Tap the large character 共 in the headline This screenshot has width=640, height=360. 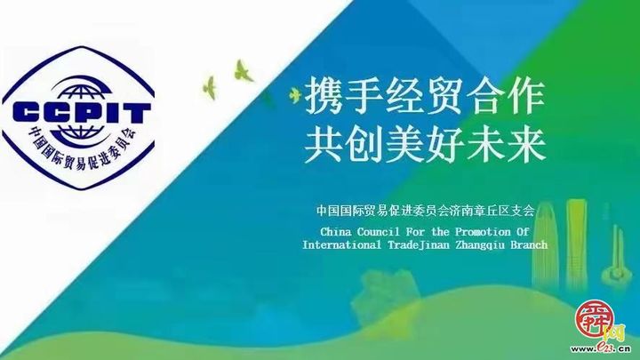pos(324,143)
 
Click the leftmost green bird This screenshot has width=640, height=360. pos(211,85)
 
